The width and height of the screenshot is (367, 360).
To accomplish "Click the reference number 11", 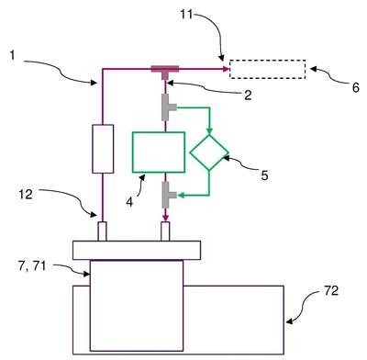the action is [x=186, y=14].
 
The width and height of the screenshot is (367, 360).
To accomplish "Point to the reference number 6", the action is [x=355, y=88].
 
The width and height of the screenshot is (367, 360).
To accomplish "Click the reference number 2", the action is [x=248, y=96].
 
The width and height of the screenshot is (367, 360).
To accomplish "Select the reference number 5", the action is [x=264, y=175].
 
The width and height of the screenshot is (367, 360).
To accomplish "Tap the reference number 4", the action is [x=129, y=202].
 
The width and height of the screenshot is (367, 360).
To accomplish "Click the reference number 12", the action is [x=26, y=195].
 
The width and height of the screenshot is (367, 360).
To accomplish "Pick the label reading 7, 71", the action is [x=32, y=266].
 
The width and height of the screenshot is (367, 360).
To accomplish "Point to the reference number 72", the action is [x=331, y=291].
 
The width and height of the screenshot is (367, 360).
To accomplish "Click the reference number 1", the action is [x=13, y=56].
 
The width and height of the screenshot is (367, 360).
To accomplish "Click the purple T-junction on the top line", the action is [x=165, y=69].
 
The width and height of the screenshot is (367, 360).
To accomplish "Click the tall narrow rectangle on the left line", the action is [x=103, y=149].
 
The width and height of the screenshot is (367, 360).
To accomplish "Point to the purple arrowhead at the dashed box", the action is [x=227, y=69].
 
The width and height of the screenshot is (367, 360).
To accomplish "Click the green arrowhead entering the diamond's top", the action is [x=209, y=131].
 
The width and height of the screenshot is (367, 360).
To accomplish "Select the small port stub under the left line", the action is [x=102, y=231].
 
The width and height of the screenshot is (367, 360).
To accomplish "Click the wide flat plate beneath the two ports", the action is [x=137, y=250].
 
